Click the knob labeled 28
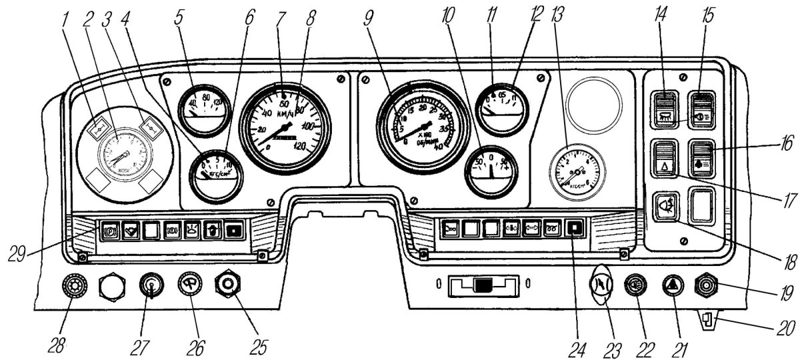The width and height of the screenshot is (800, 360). tap(71, 287)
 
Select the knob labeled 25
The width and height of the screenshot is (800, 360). tap(227, 286)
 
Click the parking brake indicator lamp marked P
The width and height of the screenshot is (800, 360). tap(111, 231)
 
